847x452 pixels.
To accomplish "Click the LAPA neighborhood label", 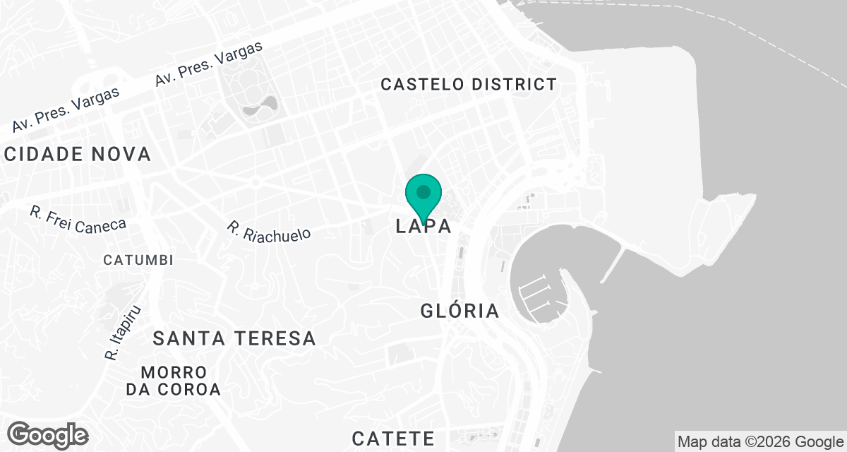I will (423, 226).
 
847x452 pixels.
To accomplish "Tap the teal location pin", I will (423, 195).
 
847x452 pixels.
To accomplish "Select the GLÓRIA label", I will (459, 311).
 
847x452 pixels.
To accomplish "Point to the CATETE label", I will (393, 438).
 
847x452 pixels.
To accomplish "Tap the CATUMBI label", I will (138, 260).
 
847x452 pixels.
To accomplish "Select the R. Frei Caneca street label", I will (78, 218).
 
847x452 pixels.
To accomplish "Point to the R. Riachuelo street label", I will (268, 231).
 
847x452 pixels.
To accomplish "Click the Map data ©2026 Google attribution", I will (760, 442).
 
